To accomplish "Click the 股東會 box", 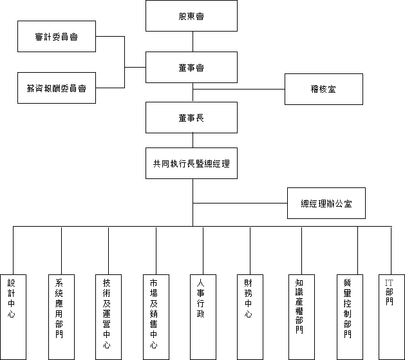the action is [x=191, y=15].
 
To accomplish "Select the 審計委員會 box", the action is [x=57, y=37].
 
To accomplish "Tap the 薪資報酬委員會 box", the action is [x=57, y=88].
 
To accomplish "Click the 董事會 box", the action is [x=191, y=67].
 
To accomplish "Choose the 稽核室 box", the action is [x=324, y=89].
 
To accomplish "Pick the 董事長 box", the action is [x=191, y=117].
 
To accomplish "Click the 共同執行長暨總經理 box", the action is [x=191, y=163].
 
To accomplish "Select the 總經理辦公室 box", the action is [x=326, y=204].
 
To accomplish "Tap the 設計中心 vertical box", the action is [x=13, y=317].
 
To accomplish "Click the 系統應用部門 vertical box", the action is [x=61, y=317].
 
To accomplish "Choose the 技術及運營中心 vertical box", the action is [x=108, y=317].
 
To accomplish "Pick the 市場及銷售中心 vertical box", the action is [x=156, y=317].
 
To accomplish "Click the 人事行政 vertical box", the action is [x=203, y=317].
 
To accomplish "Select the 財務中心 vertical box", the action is [x=250, y=317].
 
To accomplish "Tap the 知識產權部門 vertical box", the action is [x=301, y=317].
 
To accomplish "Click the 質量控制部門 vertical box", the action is [x=350, y=317].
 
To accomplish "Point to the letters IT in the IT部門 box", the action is [x=389, y=283].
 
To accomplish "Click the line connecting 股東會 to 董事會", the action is [x=193, y=42].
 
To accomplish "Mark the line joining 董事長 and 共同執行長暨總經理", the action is [x=193, y=140].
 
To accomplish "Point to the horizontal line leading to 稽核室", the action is [x=239, y=89].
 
